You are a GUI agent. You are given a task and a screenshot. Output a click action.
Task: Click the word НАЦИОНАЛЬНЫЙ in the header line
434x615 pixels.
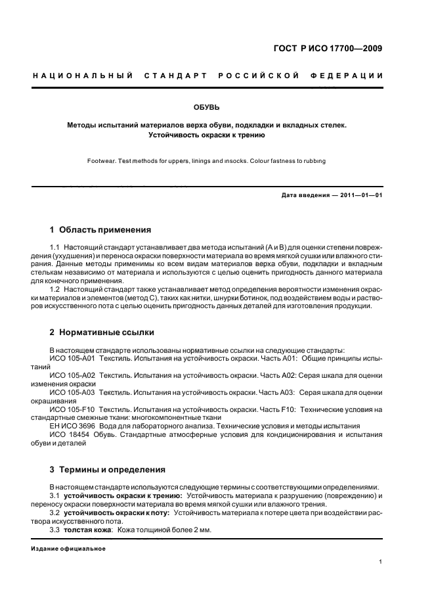(83, 76)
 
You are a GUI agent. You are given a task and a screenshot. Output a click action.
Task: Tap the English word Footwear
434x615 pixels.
(102, 161)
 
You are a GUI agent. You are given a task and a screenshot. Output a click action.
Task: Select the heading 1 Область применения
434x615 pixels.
(100, 230)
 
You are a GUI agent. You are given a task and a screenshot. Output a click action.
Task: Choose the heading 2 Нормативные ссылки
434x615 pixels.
(102, 332)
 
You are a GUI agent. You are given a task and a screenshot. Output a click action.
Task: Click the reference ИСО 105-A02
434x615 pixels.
(73, 376)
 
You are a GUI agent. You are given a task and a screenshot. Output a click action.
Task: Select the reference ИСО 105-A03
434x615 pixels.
(73, 393)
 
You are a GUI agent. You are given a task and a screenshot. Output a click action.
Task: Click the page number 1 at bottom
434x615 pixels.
(381, 562)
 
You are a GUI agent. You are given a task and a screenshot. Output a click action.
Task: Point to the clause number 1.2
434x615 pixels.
(55, 290)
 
